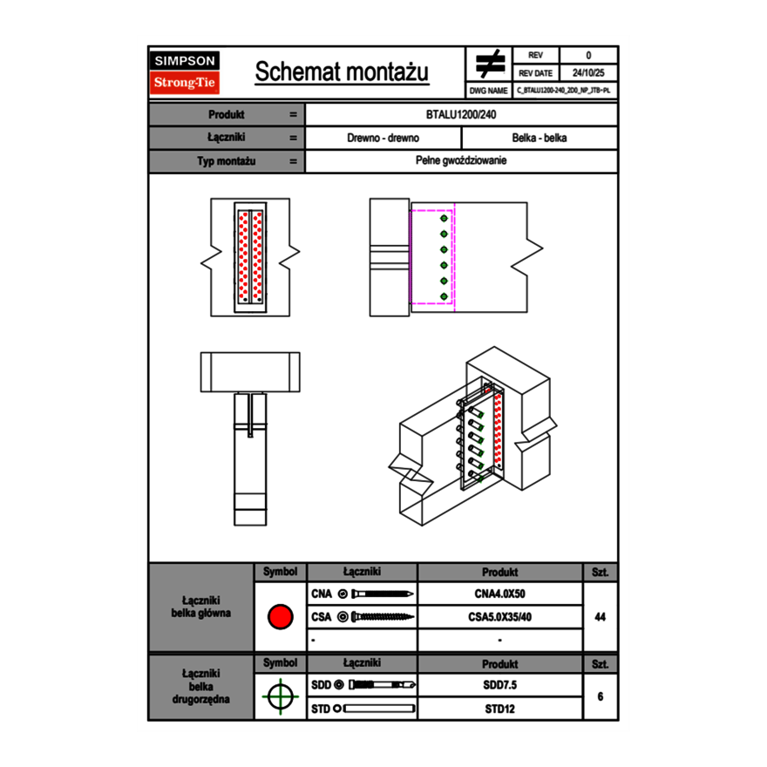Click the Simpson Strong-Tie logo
coord(186,72)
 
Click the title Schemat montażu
coord(342,72)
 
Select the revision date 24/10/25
coord(588,73)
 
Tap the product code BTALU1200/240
coord(462,114)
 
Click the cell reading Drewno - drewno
coord(383,138)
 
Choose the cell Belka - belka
coord(540,138)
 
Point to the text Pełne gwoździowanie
coord(462,161)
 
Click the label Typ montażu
coord(226,161)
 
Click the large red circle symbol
coord(280,617)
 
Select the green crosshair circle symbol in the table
coord(280,696)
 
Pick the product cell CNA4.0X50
coord(499,594)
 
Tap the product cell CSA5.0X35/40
coord(499,617)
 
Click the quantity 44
coord(600,617)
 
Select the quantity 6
coord(600,696)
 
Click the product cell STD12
coord(499,709)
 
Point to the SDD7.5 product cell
coord(499,685)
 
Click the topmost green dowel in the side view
coord(444,219)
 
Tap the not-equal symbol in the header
coord(490,64)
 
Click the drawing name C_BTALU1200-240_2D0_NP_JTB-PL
coord(564,90)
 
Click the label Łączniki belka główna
coord(201,607)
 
